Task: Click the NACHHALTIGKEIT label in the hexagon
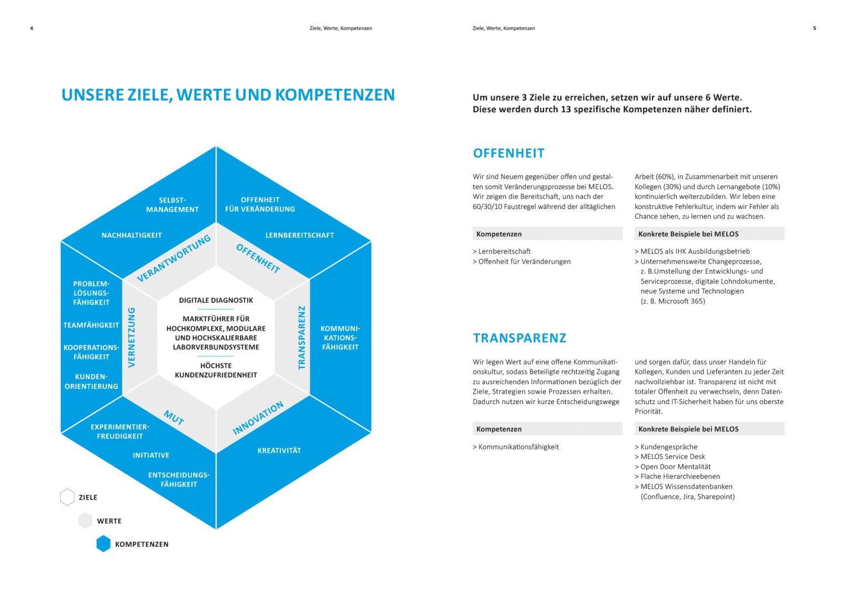[132, 235]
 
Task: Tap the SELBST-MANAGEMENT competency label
[172, 205]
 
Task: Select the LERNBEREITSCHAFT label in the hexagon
[300, 235]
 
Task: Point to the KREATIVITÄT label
[279, 451]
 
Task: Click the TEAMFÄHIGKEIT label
[91, 325]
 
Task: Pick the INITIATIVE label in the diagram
[151, 455]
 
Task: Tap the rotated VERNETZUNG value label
[132, 337]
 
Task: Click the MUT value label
[174, 417]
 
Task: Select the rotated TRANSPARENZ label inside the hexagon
[301, 337]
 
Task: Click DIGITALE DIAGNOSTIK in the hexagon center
[216, 300]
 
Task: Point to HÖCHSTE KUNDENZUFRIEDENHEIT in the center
[216, 370]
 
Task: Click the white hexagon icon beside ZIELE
[67, 498]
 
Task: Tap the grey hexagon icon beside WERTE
[85, 521]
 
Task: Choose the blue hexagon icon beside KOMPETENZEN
[103, 544]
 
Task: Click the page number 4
[32, 28]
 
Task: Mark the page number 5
[814, 28]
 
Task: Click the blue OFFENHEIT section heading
[509, 154]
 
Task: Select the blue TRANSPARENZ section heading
[520, 338]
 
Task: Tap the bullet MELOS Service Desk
[672, 457]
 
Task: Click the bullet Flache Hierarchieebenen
[680, 476]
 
